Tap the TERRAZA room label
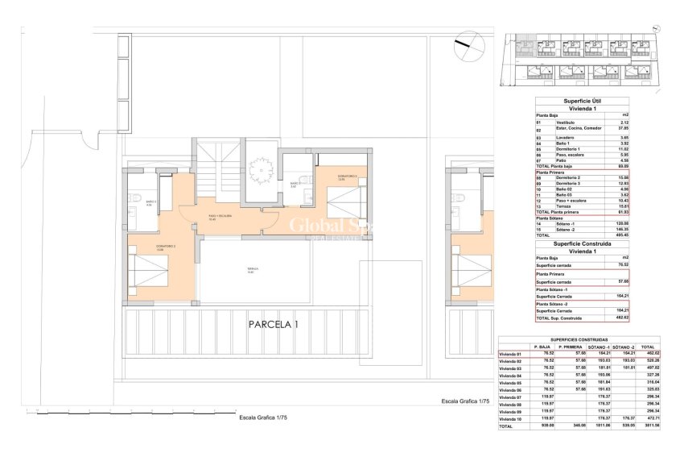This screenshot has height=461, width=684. [250, 272]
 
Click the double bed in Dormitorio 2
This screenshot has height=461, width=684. [147, 264]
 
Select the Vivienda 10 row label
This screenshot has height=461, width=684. [511, 419]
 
